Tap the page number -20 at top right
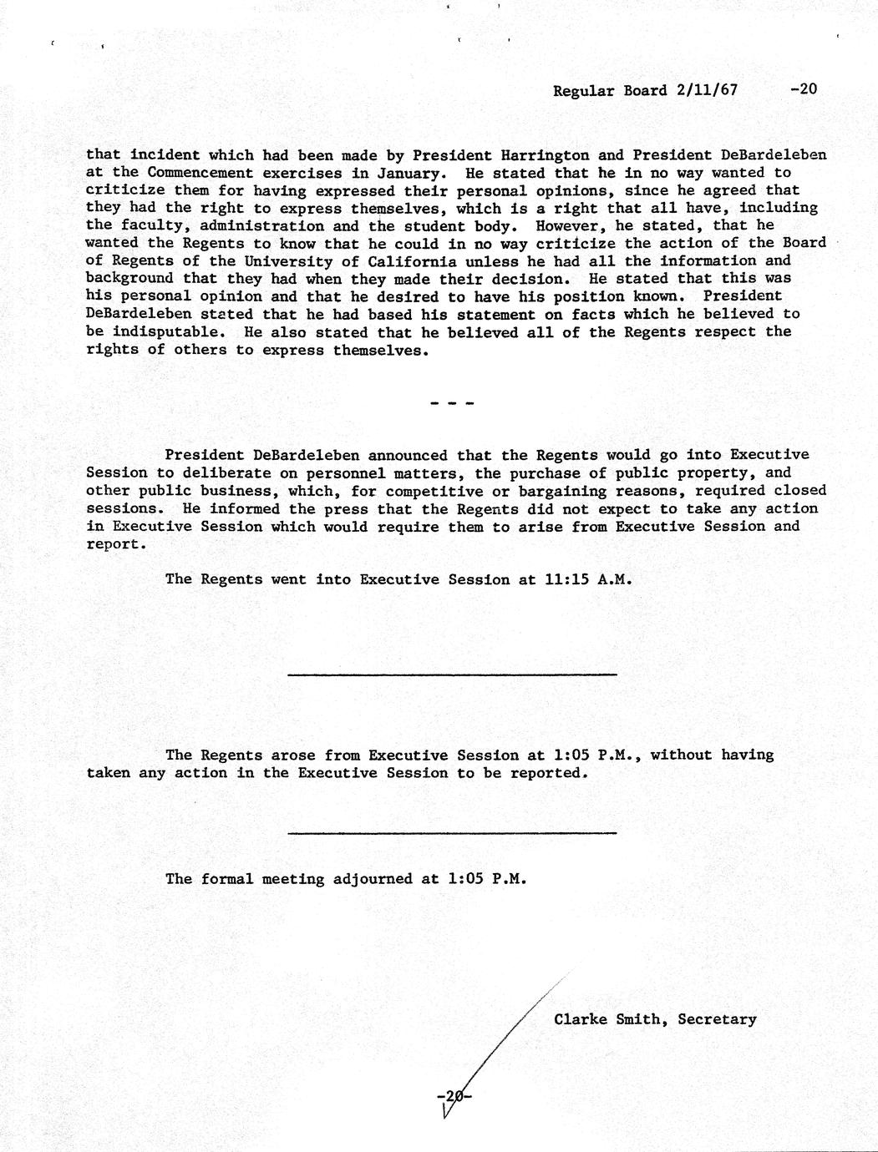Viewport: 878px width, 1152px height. click(803, 89)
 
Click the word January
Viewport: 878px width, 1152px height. click(403, 173)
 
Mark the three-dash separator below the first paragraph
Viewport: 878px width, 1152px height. click(452, 404)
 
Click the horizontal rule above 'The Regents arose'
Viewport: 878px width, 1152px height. click(452, 674)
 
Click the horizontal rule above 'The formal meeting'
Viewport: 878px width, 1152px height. click(452, 832)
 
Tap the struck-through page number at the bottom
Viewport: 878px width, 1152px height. click(454, 1095)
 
